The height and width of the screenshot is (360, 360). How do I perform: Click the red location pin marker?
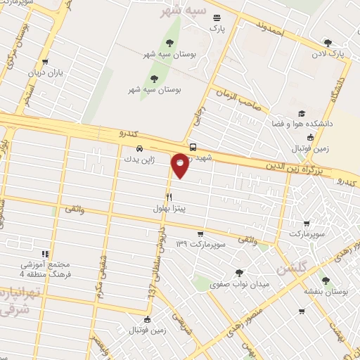tap(181, 164)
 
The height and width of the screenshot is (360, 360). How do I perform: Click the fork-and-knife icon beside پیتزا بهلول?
tap(169, 198)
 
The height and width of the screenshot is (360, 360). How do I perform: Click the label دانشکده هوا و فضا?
tap(301, 124)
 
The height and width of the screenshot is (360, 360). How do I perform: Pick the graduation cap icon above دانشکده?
tap(302, 113)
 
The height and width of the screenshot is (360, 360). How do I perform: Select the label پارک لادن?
tap(330, 53)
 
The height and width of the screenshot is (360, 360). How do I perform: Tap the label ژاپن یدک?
tap(140, 160)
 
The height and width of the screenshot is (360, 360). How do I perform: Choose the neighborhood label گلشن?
tap(291, 269)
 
